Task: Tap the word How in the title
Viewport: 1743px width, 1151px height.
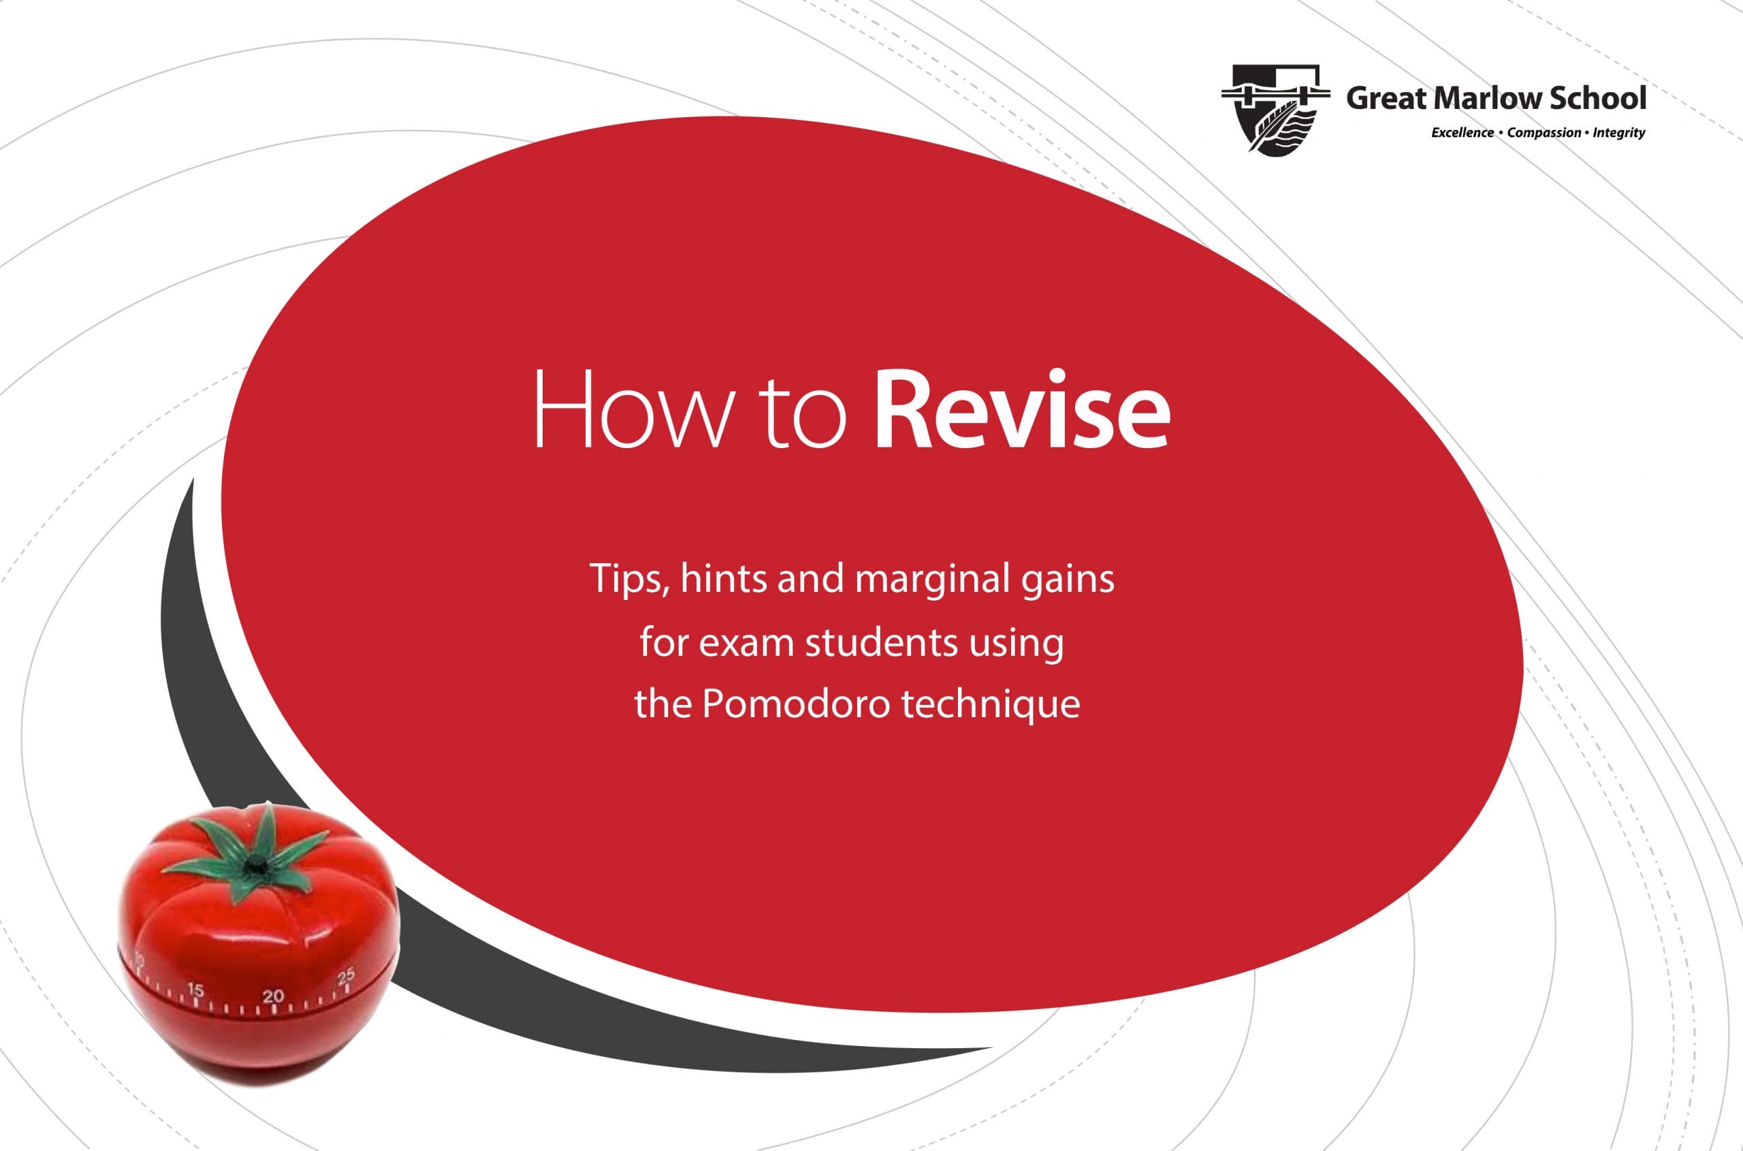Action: (x=633, y=409)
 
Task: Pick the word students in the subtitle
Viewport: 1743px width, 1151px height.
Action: (x=882, y=642)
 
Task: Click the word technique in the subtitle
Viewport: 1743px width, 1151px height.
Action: (x=991, y=705)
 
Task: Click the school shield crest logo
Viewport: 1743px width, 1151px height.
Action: (x=1275, y=110)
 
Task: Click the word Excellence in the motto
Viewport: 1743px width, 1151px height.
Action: (x=1462, y=133)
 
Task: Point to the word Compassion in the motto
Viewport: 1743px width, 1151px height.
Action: (x=1544, y=133)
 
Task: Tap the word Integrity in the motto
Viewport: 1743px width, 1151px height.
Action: (x=1619, y=133)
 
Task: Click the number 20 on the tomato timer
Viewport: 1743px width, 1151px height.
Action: (x=273, y=996)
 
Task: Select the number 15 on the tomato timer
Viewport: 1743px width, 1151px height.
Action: (x=195, y=990)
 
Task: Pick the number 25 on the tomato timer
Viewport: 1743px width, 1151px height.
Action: (x=346, y=975)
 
